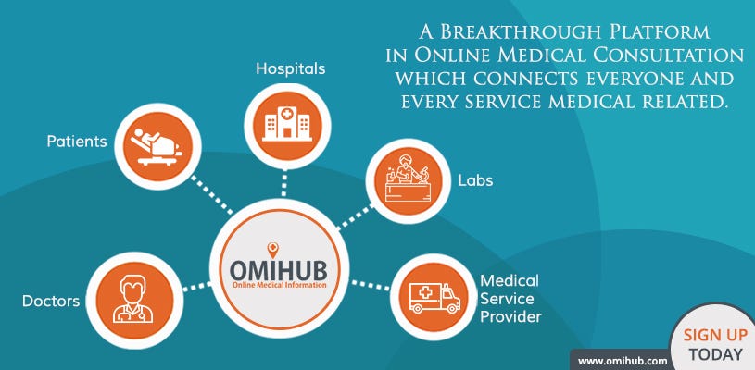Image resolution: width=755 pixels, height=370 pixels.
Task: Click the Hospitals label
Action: [x=290, y=68]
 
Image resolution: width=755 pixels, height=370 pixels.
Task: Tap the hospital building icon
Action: [x=287, y=124]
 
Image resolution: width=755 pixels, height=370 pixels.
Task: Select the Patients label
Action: [x=77, y=142]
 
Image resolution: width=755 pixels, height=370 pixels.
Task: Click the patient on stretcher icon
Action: [x=157, y=146]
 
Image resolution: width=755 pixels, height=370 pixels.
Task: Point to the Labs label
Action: [x=475, y=180]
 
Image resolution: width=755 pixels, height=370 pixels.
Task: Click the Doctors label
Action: [x=51, y=302]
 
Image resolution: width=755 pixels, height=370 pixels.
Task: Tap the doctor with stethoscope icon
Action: [x=132, y=300]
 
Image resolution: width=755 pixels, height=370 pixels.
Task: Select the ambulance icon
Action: [x=434, y=298]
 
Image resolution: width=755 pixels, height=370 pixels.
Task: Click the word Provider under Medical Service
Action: [x=510, y=317]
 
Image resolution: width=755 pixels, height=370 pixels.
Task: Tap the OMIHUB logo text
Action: [x=278, y=270]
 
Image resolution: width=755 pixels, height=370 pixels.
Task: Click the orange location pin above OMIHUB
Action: [x=272, y=250]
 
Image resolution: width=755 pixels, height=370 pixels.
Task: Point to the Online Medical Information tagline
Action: [x=279, y=286]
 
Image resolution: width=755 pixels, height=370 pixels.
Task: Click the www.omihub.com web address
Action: [x=623, y=361]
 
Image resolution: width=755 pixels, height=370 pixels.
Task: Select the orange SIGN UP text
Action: [x=715, y=335]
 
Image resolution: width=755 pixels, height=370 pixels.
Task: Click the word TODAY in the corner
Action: [x=715, y=355]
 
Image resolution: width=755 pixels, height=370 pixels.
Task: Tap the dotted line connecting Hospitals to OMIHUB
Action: [x=284, y=183]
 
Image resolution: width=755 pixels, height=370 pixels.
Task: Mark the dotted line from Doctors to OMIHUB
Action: [x=197, y=287]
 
